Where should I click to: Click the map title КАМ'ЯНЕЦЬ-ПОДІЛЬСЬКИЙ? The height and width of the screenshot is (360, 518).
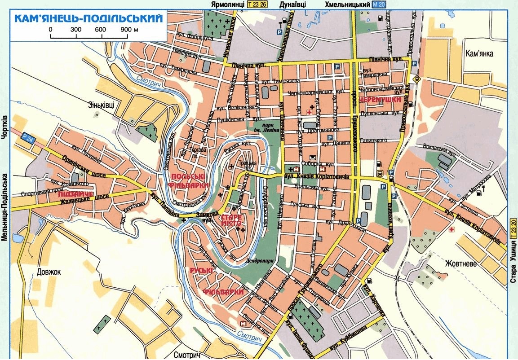pos(88,18)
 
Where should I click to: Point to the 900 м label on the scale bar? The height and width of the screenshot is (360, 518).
pos(128,29)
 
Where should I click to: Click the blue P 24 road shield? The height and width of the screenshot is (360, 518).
pos(27,140)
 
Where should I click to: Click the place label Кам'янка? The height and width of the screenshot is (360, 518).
pos(479,54)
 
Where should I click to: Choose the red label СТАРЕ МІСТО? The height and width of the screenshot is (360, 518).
pos(232,220)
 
